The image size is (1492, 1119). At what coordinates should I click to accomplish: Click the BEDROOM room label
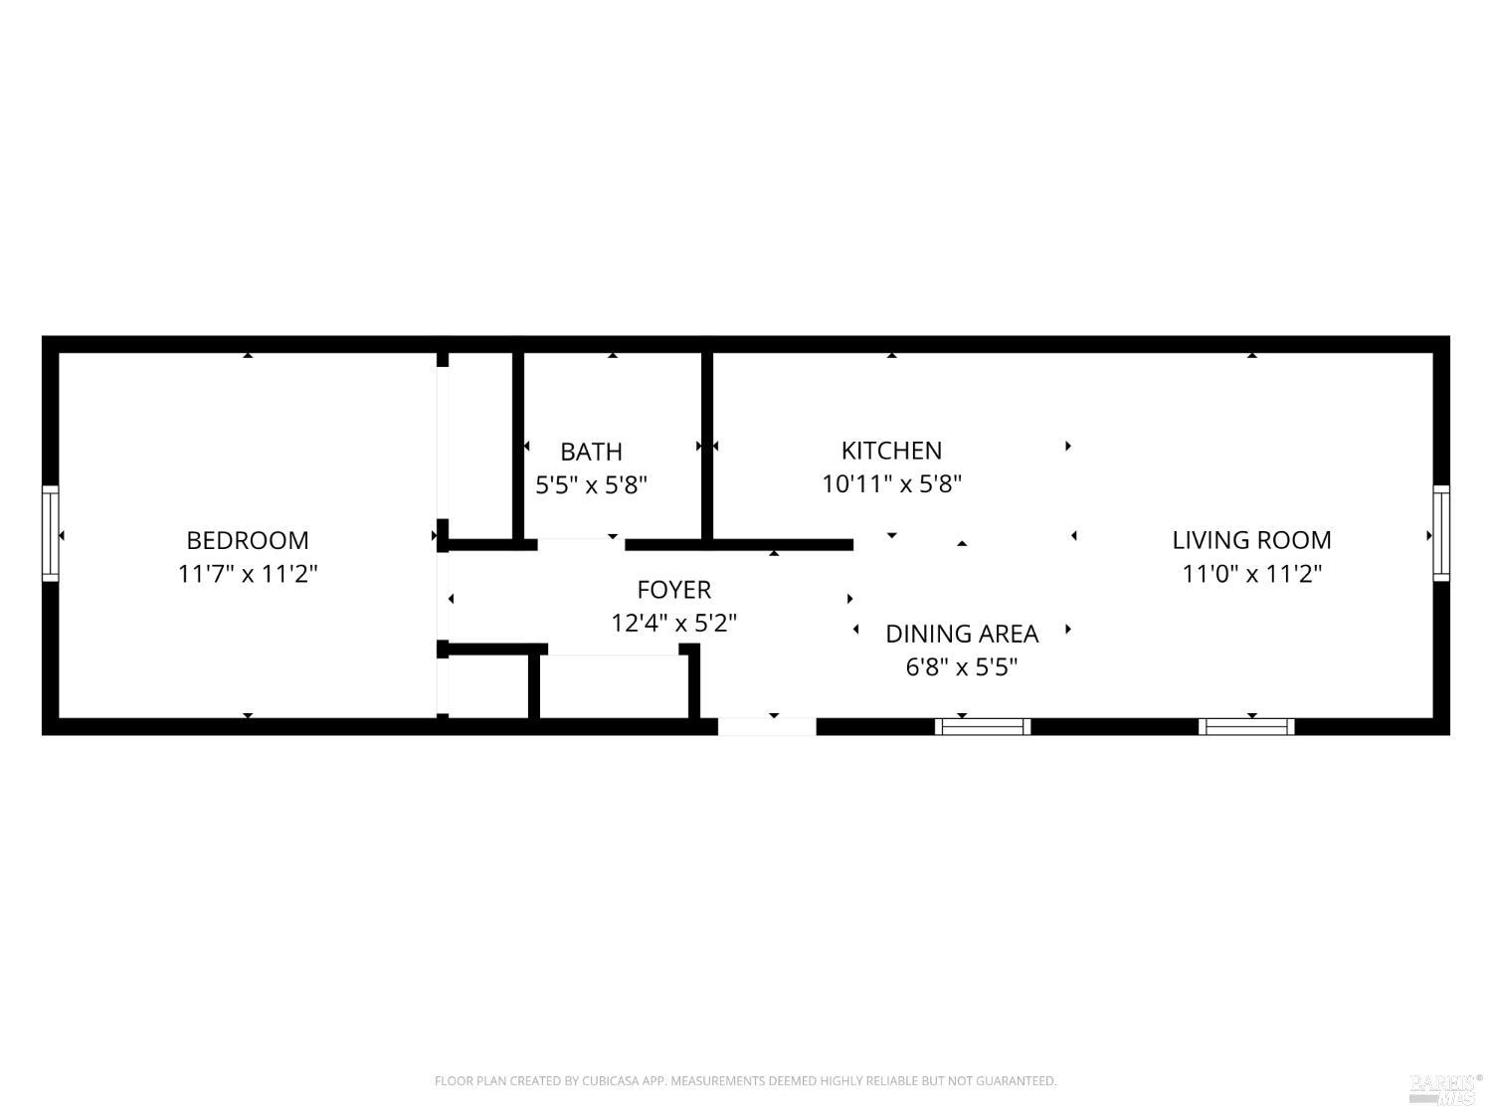pos(248,540)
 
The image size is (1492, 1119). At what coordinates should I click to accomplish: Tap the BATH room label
pos(591,452)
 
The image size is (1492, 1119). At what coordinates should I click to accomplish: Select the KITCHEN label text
pos(891,451)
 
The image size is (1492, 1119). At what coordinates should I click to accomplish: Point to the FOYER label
pos(674,590)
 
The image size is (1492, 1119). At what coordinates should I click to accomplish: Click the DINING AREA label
pos(962,634)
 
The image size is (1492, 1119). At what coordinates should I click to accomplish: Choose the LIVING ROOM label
pos(1251,540)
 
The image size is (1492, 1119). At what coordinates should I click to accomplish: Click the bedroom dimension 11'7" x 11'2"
pos(248,574)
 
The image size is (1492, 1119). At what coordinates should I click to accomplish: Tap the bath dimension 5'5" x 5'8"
pos(591,485)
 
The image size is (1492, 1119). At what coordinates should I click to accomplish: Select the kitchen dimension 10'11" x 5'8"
pos(891,484)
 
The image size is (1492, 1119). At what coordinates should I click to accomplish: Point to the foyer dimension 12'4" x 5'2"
pos(674,624)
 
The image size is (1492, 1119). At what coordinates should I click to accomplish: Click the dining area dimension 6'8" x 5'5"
pos(962,667)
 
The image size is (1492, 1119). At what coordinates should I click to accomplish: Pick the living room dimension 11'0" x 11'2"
pos(1251,574)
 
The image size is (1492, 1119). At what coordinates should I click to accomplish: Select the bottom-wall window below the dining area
pos(983,726)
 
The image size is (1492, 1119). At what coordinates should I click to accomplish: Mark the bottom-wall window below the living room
pos(1246,726)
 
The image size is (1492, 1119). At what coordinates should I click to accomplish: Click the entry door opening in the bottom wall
pos(767,726)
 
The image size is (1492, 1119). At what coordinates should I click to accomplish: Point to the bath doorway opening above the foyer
pos(581,544)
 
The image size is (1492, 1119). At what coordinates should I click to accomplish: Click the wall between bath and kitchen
pos(707,448)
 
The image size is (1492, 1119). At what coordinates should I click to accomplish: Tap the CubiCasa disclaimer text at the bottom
pos(745,1081)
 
